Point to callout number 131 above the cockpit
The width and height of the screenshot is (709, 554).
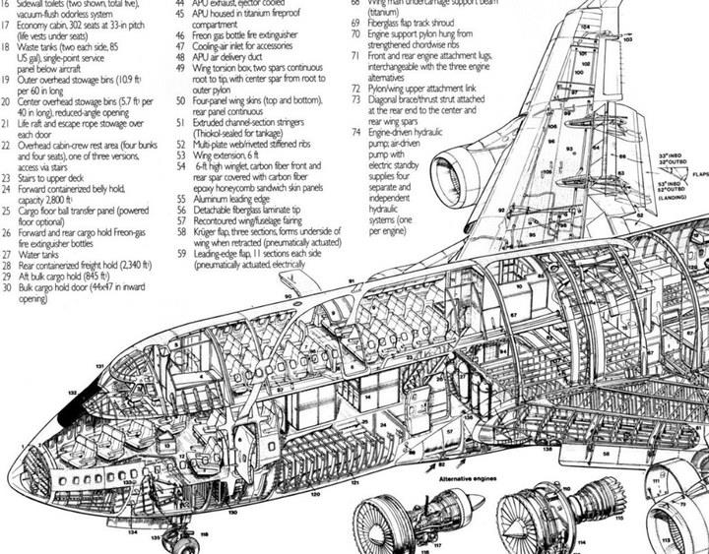[99, 367]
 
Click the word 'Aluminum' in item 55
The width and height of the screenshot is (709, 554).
[220, 198]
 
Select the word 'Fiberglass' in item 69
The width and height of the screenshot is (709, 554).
[392, 20]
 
